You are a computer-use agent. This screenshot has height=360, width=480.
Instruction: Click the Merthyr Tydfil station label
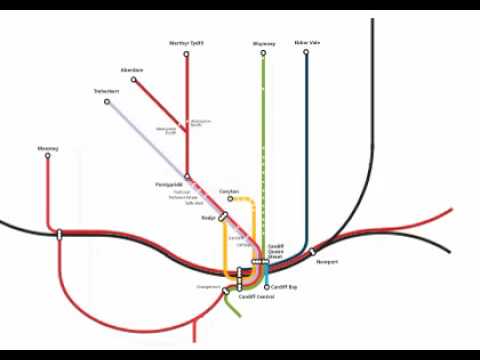pyautogui.click(x=186, y=43)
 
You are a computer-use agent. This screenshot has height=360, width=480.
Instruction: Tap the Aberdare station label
pyautogui.click(x=131, y=69)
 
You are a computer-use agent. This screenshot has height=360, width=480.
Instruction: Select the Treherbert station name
pyautogui.click(x=107, y=92)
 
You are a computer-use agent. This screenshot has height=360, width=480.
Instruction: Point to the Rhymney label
pyautogui.click(x=263, y=43)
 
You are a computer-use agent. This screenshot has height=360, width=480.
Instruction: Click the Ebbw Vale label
pyautogui.click(x=305, y=43)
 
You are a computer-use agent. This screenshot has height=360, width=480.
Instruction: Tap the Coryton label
pyautogui.click(x=229, y=190)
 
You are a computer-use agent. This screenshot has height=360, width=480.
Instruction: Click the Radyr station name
pyautogui.click(x=208, y=216)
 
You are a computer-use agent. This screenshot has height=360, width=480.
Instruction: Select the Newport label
pyautogui.click(x=327, y=262)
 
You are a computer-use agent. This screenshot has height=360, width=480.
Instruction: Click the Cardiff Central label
pyautogui.click(x=257, y=297)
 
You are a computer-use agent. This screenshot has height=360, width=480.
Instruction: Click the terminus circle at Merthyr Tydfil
pyautogui.click(x=186, y=53)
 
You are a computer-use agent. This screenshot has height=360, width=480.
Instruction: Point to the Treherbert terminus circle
pyautogui.click(x=107, y=101)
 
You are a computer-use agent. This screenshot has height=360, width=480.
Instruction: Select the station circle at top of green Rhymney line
pyautogui.click(x=263, y=53)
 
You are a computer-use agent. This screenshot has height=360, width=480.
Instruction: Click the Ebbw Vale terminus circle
pyautogui.click(x=305, y=53)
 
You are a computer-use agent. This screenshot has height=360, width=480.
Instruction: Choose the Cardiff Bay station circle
pyautogui.click(x=266, y=287)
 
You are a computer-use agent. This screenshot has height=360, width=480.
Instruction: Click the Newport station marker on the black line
pyautogui.click(x=312, y=252)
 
